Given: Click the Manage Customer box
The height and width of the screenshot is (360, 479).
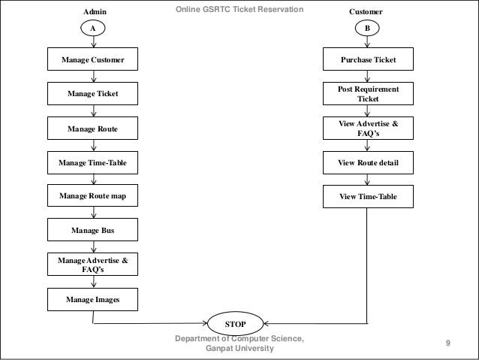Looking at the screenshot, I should tap(92, 59).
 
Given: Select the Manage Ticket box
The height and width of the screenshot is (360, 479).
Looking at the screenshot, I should tap(92, 94).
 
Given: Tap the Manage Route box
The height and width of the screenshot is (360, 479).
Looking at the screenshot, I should tap(92, 129).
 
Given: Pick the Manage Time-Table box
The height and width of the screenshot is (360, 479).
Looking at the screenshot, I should tap(92, 162).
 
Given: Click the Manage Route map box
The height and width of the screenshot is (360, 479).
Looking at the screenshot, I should tap(92, 196).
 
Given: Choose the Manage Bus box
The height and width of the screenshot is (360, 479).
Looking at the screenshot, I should tap(92, 229).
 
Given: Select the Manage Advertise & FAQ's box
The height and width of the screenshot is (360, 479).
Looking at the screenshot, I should tap(92, 264).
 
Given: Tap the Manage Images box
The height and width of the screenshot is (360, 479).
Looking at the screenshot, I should tap(92, 300).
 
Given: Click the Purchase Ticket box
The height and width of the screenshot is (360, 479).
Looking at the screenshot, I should tap(368, 59).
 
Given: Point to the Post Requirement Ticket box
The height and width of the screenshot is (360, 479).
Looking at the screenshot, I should tap(368, 94).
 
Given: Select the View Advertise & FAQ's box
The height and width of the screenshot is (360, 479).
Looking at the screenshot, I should tap(368, 129).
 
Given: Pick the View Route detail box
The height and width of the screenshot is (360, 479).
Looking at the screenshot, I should tap(368, 162).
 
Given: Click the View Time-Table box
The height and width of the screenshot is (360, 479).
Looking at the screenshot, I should tap(368, 196).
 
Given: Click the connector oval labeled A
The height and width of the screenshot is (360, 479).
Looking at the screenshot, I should tap(93, 28).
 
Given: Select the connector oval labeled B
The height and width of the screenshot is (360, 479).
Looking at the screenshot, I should tap(367, 28).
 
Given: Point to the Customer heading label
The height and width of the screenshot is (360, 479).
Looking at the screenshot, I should tap(367, 13).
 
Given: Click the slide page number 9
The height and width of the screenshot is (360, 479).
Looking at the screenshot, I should tap(448, 343).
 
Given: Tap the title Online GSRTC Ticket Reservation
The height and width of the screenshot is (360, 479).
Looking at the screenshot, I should tap(239, 9).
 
